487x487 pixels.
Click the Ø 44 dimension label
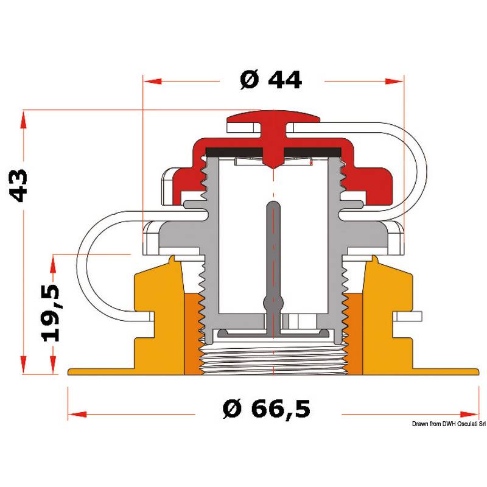point(270,80)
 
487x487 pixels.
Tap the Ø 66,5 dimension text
point(267,409)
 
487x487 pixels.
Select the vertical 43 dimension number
point(18,186)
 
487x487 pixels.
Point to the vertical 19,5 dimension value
point(51,312)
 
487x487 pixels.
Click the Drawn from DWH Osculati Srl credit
point(449,424)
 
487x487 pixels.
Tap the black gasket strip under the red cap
point(273,152)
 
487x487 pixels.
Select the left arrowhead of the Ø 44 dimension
point(153,82)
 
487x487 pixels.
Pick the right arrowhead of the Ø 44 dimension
point(394,82)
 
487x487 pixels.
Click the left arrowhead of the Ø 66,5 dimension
point(77,415)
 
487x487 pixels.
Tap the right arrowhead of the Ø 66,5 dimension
point(469,415)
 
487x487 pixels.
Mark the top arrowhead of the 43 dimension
point(23,119)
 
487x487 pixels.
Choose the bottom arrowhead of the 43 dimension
point(23,365)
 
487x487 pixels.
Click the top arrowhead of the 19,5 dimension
point(53,264)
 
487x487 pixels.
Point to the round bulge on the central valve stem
point(273,303)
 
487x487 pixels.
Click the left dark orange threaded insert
point(194,334)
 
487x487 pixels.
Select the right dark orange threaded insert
point(354,334)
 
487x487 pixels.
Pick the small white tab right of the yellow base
point(408,317)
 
